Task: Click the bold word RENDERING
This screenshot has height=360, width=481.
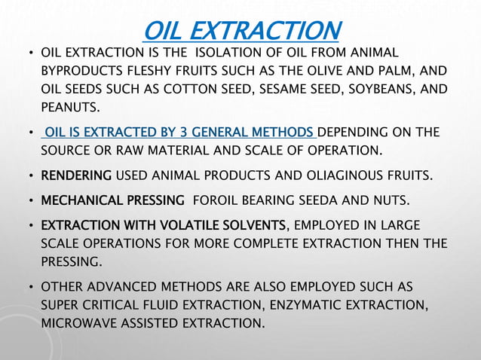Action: click(75, 176)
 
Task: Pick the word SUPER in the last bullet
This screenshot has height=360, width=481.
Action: click(60, 306)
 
